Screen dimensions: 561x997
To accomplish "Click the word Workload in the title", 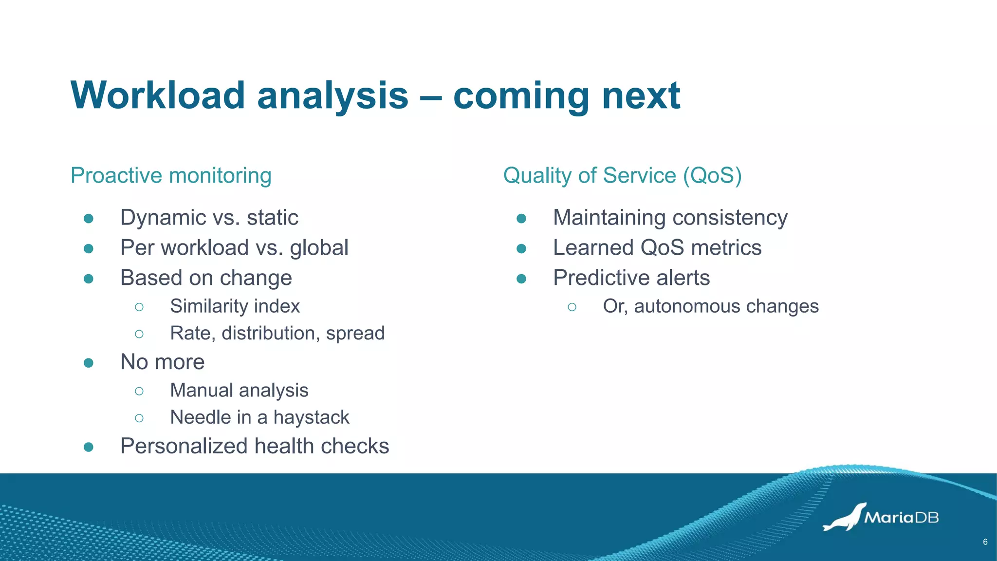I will pos(157,95).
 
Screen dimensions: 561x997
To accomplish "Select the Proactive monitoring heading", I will pos(171,175).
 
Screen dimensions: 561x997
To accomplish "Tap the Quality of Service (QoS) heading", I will pos(622,175).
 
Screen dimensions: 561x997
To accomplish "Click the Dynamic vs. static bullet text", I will pos(209,218).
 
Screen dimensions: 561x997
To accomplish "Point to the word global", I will pos(319,248).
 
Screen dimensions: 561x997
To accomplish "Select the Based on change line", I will pos(206,278).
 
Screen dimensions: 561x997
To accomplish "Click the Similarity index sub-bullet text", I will pos(235,306).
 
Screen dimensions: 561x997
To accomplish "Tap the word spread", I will pos(355,334).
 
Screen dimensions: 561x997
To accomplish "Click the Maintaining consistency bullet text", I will pos(670,218).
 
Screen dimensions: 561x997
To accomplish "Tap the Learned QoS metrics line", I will pos(657,248).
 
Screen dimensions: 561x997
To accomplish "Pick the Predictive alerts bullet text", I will pos(631,278).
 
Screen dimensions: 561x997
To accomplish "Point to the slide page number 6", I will pos(985,542).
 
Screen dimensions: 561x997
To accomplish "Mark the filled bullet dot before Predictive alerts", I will pos(521,279).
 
